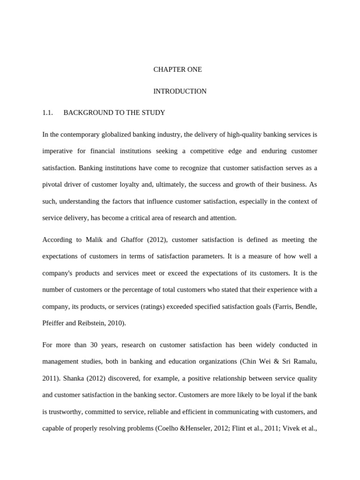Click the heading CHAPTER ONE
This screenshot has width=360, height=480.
pyautogui.click(x=178, y=69)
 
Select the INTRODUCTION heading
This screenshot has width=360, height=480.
pyautogui.click(x=180, y=91)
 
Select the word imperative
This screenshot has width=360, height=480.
pyautogui.click(x=58, y=151)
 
